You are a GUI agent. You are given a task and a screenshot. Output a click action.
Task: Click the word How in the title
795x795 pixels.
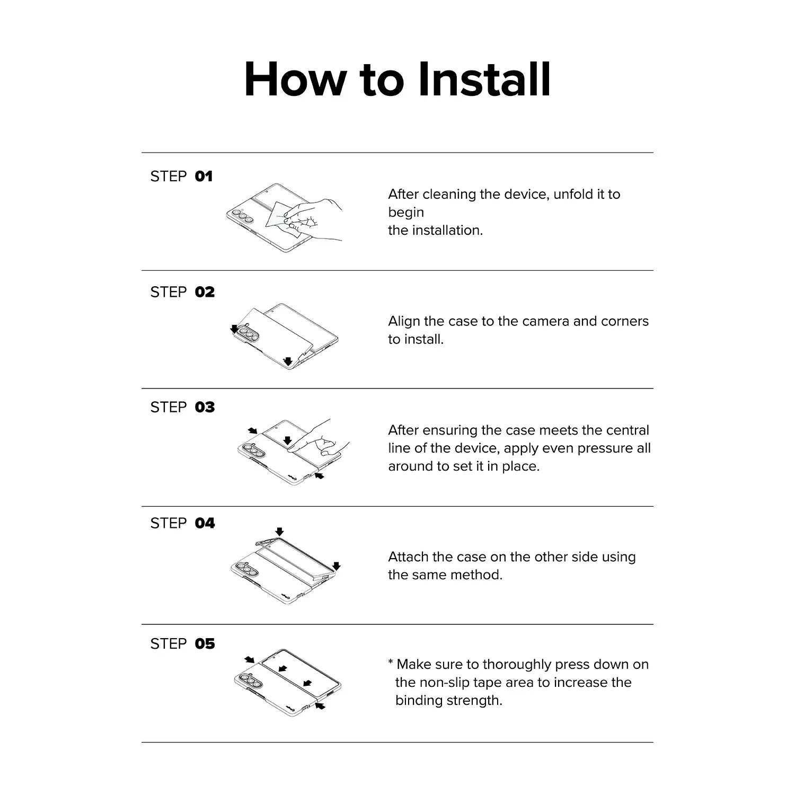(x=294, y=79)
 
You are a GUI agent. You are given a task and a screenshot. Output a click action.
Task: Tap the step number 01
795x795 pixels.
(x=204, y=176)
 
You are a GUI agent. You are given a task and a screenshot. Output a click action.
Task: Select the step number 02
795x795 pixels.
(x=205, y=292)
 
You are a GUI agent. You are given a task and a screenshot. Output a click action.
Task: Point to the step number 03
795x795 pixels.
(x=205, y=407)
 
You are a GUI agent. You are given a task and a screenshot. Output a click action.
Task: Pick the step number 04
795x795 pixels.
(x=205, y=523)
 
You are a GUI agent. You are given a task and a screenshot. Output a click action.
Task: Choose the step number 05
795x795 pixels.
(x=205, y=643)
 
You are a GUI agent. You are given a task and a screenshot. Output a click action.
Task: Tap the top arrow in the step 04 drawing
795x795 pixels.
(x=280, y=532)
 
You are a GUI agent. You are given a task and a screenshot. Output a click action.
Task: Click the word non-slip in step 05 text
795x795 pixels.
(x=444, y=683)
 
